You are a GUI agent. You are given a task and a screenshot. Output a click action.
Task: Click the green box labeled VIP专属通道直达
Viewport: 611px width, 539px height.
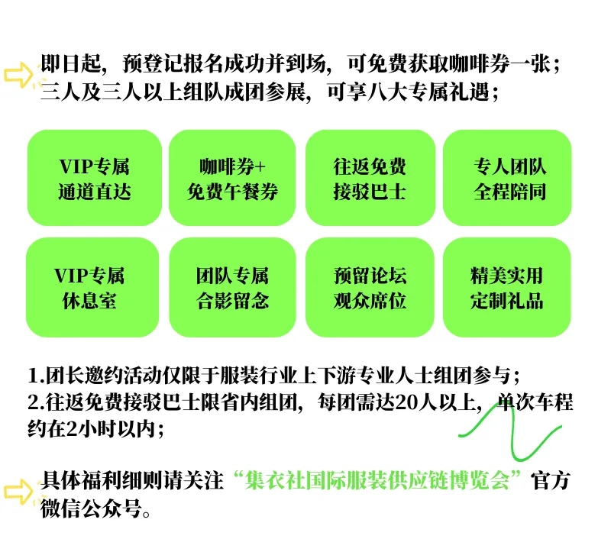click(x=94, y=178)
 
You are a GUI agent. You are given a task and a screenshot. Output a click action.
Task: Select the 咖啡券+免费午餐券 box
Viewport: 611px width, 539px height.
click(x=232, y=178)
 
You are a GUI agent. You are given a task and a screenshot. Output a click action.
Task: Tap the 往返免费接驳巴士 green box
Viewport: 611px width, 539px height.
click(x=370, y=178)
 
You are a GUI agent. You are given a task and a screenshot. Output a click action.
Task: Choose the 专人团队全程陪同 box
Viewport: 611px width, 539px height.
click(x=507, y=178)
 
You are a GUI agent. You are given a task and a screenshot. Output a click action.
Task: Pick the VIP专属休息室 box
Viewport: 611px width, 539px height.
click(x=89, y=287)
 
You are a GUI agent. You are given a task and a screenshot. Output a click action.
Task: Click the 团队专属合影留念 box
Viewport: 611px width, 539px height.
click(x=232, y=287)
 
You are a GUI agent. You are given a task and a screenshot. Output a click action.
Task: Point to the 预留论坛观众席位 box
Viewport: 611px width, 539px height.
click(x=370, y=287)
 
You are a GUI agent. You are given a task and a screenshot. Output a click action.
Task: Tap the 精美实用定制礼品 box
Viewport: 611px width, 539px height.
click(x=507, y=287)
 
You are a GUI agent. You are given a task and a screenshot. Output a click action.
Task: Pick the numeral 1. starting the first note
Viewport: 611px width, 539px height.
click(x=34, y=376)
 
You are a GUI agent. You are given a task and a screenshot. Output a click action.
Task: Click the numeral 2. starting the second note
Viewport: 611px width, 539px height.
click(x=34, y=402)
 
